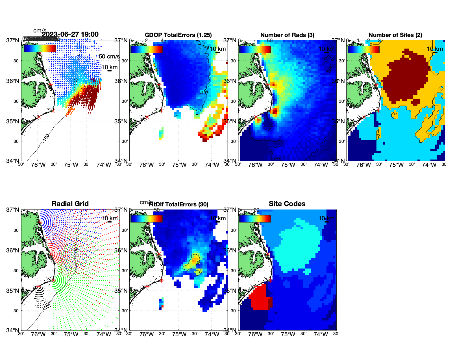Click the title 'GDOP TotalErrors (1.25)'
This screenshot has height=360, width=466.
tap(178, 35)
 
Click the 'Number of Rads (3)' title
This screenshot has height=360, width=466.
tap(287, 35)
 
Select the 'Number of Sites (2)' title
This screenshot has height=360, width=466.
tap(395, 35)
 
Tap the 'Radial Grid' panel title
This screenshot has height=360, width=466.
tap(70, 204)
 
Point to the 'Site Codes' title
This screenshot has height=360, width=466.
tap(287, 204)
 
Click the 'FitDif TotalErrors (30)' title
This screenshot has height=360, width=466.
tap(178, 204)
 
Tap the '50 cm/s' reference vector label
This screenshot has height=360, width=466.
tap(109, 56)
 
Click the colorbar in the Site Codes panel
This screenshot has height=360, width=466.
tap(255, 219)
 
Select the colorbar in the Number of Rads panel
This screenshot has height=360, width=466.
tap(255, 49)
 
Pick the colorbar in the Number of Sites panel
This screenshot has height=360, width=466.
tap(363, 49)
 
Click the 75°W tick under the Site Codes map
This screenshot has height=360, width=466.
tap(288, 334)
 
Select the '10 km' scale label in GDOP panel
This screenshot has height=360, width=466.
tap(218, 49)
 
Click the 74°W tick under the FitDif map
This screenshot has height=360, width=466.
tap(212, 334)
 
